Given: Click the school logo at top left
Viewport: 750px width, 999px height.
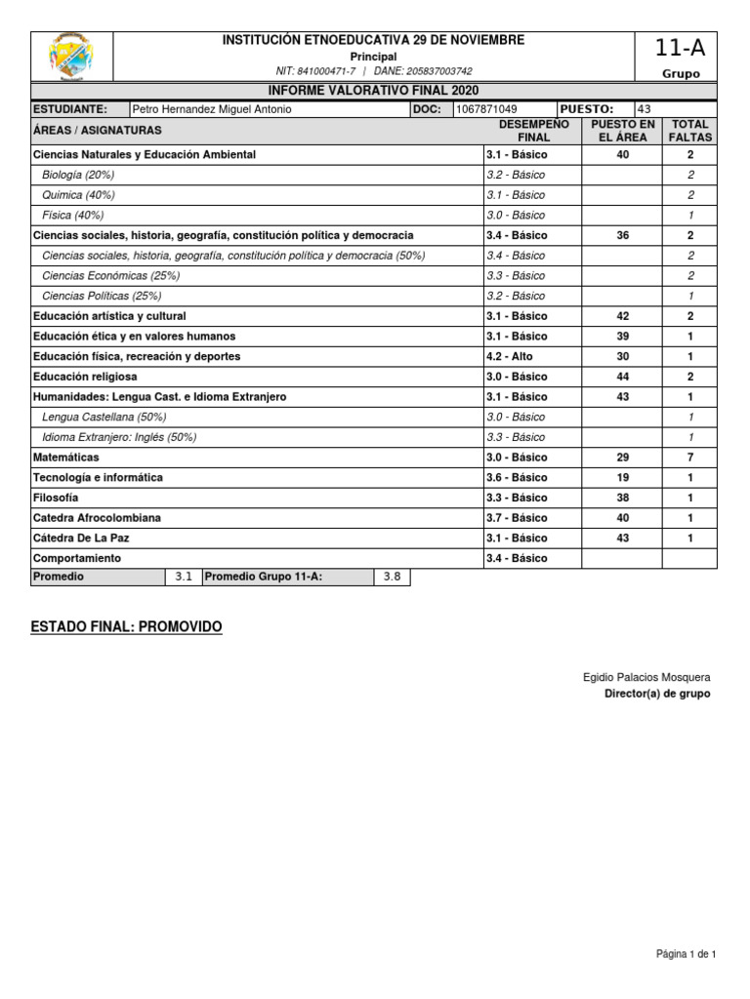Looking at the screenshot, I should (71, 56).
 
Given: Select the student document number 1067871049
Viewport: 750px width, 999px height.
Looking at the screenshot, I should (487, 109).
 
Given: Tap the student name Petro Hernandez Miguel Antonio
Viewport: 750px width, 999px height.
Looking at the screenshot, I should (211, 109).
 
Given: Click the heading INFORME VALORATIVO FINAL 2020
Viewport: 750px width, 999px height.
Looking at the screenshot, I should (374, 91).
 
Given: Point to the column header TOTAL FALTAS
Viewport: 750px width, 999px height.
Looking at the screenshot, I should (689, 131).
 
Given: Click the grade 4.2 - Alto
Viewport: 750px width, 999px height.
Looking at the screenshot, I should (510, 356).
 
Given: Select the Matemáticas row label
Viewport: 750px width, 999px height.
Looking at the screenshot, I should (66, 457).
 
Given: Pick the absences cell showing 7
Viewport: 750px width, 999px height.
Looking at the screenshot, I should (689, 457).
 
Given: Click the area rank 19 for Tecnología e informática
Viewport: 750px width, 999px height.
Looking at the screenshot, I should (622, 477).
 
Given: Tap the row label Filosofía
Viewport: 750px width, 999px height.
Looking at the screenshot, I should (56, 498).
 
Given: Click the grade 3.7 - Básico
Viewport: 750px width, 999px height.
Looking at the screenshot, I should (517, 518).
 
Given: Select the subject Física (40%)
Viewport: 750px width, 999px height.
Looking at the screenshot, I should (73, 215).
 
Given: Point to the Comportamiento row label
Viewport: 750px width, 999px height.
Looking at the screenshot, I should (77, 558).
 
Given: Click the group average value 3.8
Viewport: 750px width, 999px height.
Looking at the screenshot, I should (392, 577).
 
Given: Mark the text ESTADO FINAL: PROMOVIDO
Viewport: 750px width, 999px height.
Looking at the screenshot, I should (127, 627).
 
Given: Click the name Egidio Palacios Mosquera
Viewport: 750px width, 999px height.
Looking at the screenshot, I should (646, 677).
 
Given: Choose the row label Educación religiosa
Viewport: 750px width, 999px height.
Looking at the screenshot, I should (85, 377).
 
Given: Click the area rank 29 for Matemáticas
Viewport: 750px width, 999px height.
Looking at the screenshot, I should (622, 457).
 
